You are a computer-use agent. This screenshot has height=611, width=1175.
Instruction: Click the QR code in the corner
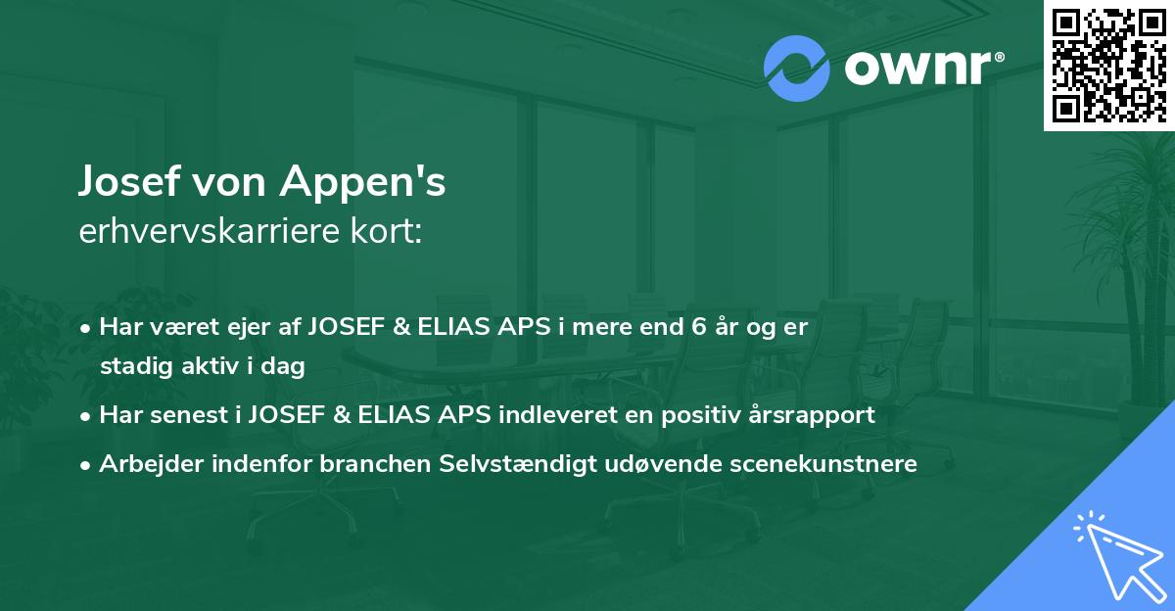(x=1109, y=65)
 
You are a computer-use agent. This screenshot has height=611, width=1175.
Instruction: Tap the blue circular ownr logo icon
(x=796, y=69)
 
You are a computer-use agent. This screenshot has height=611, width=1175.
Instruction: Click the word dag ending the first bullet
(x=286, y=367)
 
